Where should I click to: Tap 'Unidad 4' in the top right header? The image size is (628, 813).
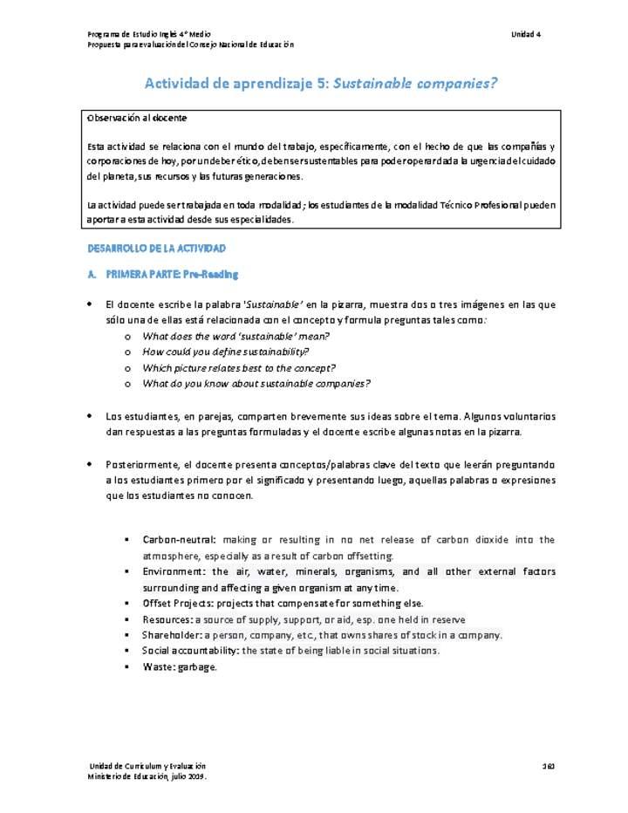pyautogui.click(x=526, y=33)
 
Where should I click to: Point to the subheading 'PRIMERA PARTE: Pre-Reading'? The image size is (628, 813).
pyautogui.click(x=172, y=275)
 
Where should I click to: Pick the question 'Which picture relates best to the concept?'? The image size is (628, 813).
pyautogui.click(x=239, y=367)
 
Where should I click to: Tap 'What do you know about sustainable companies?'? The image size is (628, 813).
pyautogui.click(x=256, y=383)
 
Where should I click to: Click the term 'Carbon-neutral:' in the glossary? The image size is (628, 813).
pyautogui.click(x=179, y=540)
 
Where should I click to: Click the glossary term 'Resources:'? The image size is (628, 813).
pyautogui.click(x=167, y=618)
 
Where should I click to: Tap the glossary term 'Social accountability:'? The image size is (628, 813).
pyautogui.click(x=190, y=650)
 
